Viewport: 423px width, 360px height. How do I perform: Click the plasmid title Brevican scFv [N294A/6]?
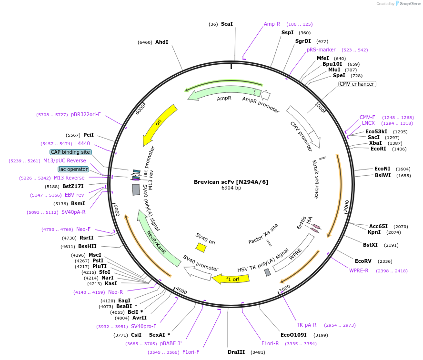coord(231,182)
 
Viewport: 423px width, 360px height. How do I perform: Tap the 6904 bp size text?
coord(231,188)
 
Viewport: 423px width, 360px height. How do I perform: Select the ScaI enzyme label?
coord(227,24)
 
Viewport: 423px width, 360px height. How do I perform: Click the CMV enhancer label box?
coord(357,84)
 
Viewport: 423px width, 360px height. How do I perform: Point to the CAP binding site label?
coord(70,152)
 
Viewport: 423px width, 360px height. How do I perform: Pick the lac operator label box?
coord(73,169)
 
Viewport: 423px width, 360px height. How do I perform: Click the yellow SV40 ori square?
coord(201,247)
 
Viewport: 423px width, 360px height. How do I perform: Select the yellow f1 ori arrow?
coord(231,279)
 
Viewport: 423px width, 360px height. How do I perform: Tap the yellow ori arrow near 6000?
coord(160,125)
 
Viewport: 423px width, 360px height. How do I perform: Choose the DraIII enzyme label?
coord(236,352)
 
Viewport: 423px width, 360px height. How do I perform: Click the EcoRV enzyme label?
coord(363,261)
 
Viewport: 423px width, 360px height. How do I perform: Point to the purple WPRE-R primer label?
coord(359,270)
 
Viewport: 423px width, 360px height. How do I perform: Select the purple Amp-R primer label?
coord(272,24)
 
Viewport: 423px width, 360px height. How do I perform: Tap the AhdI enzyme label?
coord(161,42)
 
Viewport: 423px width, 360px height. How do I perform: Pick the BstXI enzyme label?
coord(370,245)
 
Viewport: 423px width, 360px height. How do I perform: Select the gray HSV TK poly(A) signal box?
coord(268,272)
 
